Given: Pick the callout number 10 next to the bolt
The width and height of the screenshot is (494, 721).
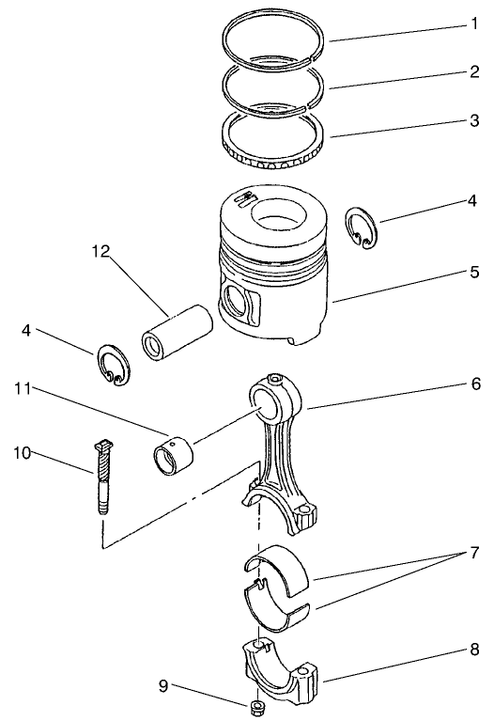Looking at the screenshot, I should [x=22, y=453].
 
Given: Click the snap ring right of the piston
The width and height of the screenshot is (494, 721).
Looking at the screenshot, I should [x=361, y=227].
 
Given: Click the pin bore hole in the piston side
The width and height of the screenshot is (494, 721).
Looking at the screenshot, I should [x=238, y=304].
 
